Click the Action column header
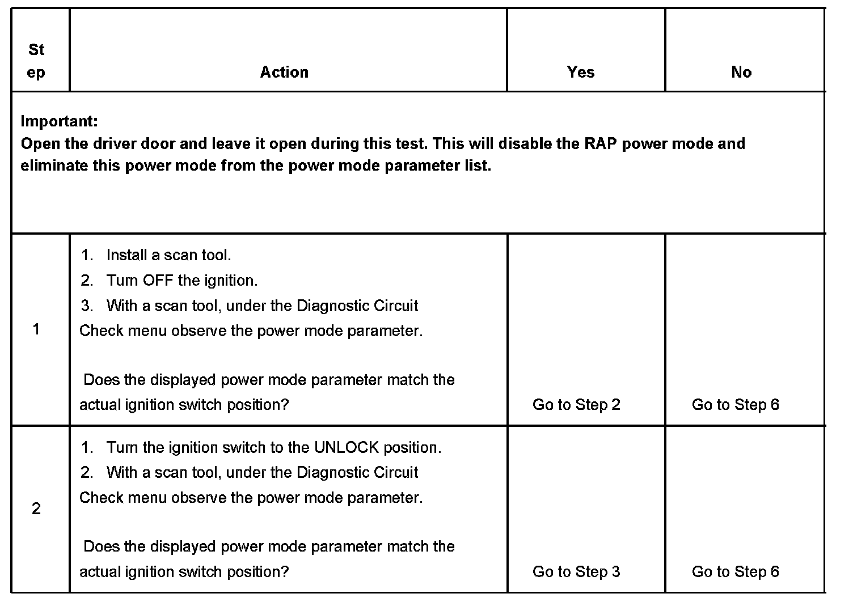(284, 72)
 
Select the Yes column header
(581, 72)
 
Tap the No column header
(741, 72)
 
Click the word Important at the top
(59, 121)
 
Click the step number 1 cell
(36, 329)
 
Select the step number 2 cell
(36, 508)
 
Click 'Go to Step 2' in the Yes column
(576, 405)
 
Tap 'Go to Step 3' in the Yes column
(576, 571)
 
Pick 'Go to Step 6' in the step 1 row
(736, 405)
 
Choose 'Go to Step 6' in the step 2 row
(736, 571)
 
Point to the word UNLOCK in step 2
(346, 448)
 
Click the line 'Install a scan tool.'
(168, 256)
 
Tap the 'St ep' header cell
(36, 61)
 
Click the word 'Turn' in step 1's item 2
(122, 281)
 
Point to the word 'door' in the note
(157, 143)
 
